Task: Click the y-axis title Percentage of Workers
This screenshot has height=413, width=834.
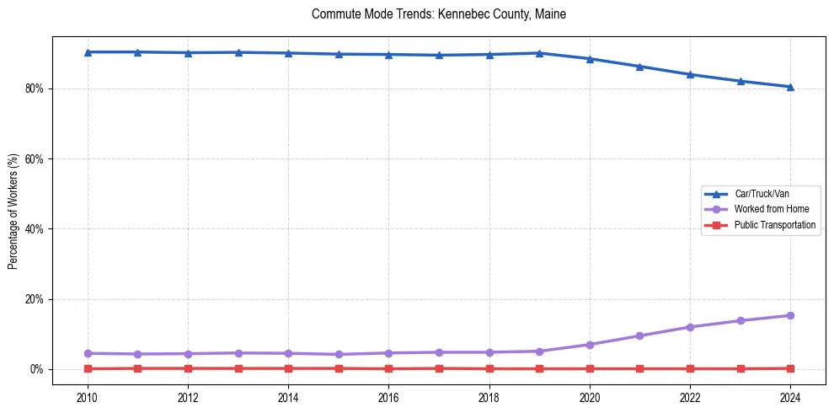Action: tap(13, 211)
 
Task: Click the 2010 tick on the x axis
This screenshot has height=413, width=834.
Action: tap(87, 396)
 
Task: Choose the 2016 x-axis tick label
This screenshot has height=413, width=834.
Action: tap(388, 396)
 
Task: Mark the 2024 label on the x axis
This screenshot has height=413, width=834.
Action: tap(790, 396)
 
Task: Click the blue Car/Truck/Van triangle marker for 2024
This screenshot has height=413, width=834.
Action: tap(790, 87)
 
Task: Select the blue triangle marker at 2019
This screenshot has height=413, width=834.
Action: tap(539, 53)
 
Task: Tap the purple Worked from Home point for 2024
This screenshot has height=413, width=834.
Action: tap(790, 315)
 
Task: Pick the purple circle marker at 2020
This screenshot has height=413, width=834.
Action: tap(590, 345)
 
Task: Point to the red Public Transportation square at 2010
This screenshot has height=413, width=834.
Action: tap(87, 368)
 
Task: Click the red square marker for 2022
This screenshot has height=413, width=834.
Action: tap(690, 368)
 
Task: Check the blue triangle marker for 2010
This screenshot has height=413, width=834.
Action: tap(87, 52)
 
